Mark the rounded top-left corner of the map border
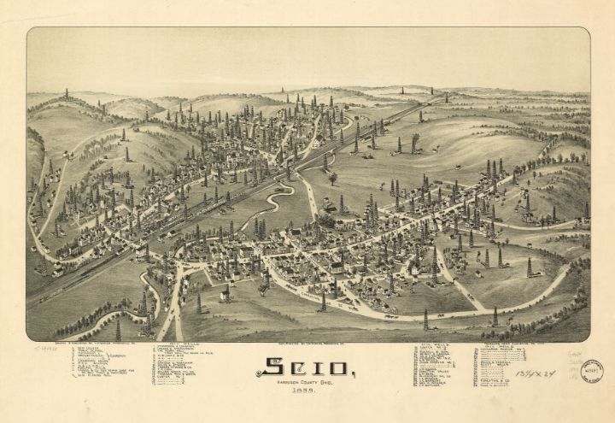tap(31, 32)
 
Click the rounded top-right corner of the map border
tap(585, 32)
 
